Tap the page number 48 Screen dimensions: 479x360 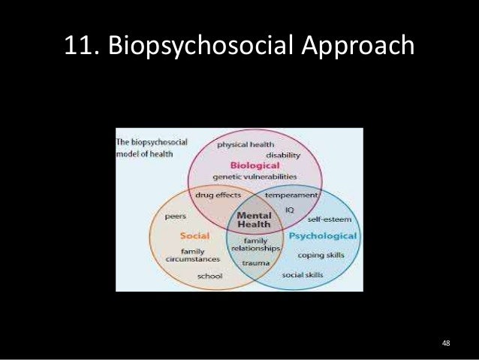coord(446,343)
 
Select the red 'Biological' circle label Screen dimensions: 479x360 coord(255,165)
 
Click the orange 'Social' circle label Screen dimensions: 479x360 coord(194,236)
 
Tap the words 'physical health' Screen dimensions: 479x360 coord(246,144)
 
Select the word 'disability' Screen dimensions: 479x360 coord(282,155)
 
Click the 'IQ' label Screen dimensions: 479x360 coord(288,210)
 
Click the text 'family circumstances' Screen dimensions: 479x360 coord(193,256)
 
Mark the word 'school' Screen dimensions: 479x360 coord(209,276)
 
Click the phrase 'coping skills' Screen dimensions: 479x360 coord(321,255)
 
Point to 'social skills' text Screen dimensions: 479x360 coord(303,275)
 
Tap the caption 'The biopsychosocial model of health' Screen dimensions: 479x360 coord(145,148)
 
